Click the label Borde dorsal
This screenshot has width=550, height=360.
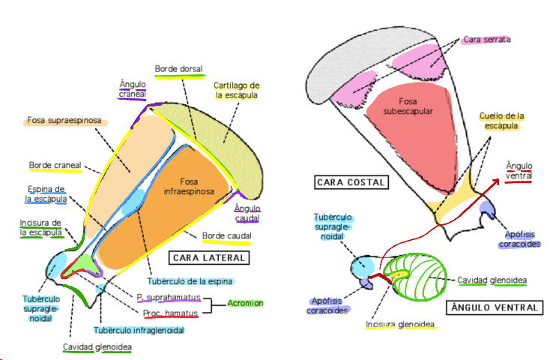coord(179,70)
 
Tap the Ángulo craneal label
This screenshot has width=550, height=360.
coord(133,88)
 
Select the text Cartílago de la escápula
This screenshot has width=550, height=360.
coord(237,90)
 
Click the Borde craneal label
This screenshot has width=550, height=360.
coord(55,165)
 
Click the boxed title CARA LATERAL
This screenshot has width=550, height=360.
coord(209,258)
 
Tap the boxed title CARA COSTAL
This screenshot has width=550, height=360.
coord(350,182)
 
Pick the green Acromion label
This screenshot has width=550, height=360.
coord(247,304)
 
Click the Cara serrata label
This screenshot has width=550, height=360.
coord(483,38)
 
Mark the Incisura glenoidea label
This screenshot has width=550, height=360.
coord(401,325)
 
